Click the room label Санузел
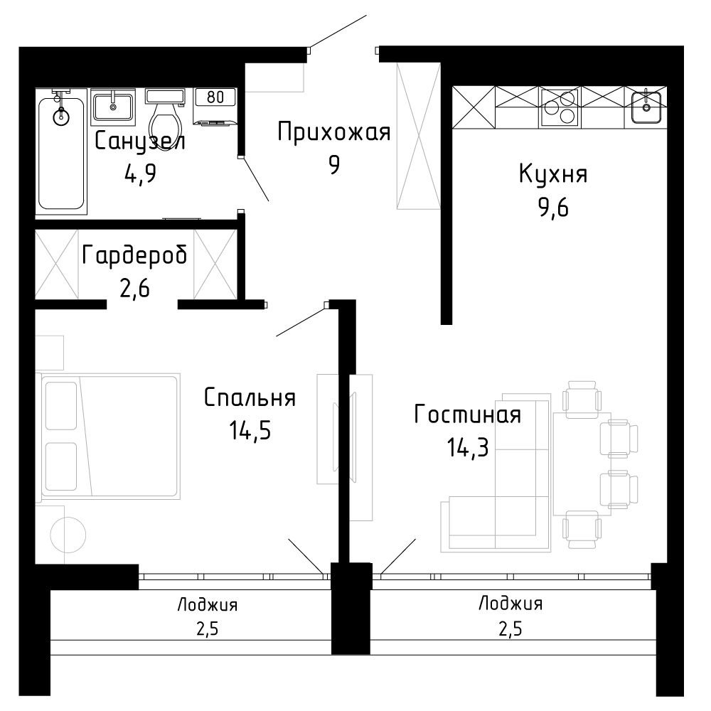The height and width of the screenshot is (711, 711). [x=140, y=141]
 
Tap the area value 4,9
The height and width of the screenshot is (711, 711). [x=140, y=173]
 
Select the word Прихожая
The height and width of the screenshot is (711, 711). [x=333, y=132]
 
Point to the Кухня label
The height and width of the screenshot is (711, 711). [x=553, y=174]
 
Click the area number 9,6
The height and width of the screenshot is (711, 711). [x=553, y=208]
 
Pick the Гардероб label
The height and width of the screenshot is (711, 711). [x=134, y=255]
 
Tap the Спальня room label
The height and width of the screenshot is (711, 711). [x=250, y=397]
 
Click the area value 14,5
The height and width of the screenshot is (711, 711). [x=250, y=430]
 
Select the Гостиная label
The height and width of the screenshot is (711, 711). [x=468, y=415]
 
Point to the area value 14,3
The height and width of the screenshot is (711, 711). [x=468, y=447]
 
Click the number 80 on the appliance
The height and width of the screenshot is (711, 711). [x=215, y=97]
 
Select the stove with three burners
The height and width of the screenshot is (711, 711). [x=559, y=107]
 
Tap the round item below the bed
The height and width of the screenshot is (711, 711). [x=68, y=534]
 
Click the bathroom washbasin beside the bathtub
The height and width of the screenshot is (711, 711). [x=113, y=107]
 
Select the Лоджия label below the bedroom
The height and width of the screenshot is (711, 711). [x=207, y=605]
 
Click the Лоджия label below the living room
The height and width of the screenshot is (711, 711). [x=510, y=604]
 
